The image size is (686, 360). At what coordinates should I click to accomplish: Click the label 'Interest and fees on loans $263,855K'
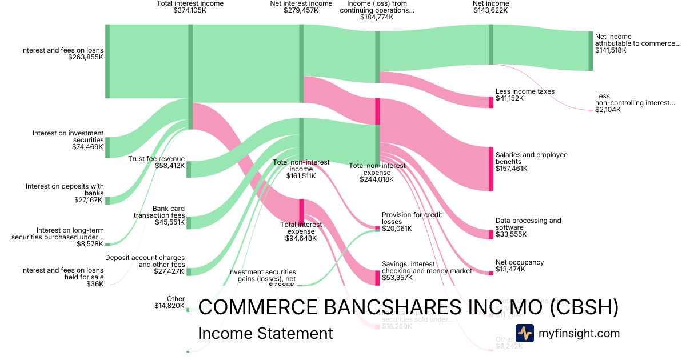(62, 54)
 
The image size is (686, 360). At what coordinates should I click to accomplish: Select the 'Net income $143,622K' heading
(490, 6)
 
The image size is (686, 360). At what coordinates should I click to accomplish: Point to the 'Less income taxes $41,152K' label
(525, 95)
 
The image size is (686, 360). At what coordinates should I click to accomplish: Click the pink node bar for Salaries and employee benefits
(490, 169)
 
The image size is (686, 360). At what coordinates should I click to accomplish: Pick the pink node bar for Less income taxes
(490, 102)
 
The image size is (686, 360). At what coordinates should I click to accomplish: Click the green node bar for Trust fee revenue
(189, 169)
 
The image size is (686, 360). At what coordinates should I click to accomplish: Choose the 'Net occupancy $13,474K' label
(519, 266)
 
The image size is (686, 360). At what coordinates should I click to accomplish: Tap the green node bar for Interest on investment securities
(107, 147)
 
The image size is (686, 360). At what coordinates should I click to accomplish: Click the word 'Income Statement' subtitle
(265, 334)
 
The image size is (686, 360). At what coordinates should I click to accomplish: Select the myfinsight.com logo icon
(524, 333)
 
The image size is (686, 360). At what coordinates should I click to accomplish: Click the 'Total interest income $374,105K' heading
(190, 6)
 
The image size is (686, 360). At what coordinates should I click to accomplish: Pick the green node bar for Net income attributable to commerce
(591, 51)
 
